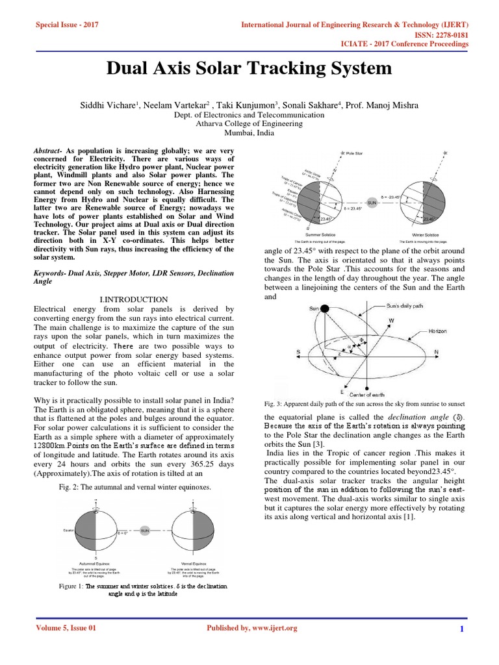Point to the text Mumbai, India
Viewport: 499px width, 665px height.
tap(249, 132)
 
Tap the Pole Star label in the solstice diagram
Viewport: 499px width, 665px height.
tap(355, 153)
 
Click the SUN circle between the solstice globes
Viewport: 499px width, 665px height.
tap(372, 203)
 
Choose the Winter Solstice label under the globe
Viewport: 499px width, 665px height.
tap(426, 234)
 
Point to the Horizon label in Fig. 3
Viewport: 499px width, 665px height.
tap(437, 331)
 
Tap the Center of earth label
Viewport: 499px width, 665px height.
tap(369, 394)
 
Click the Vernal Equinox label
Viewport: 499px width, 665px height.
tap(192, 563)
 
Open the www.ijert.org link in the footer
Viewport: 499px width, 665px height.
tap(269, 628)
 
